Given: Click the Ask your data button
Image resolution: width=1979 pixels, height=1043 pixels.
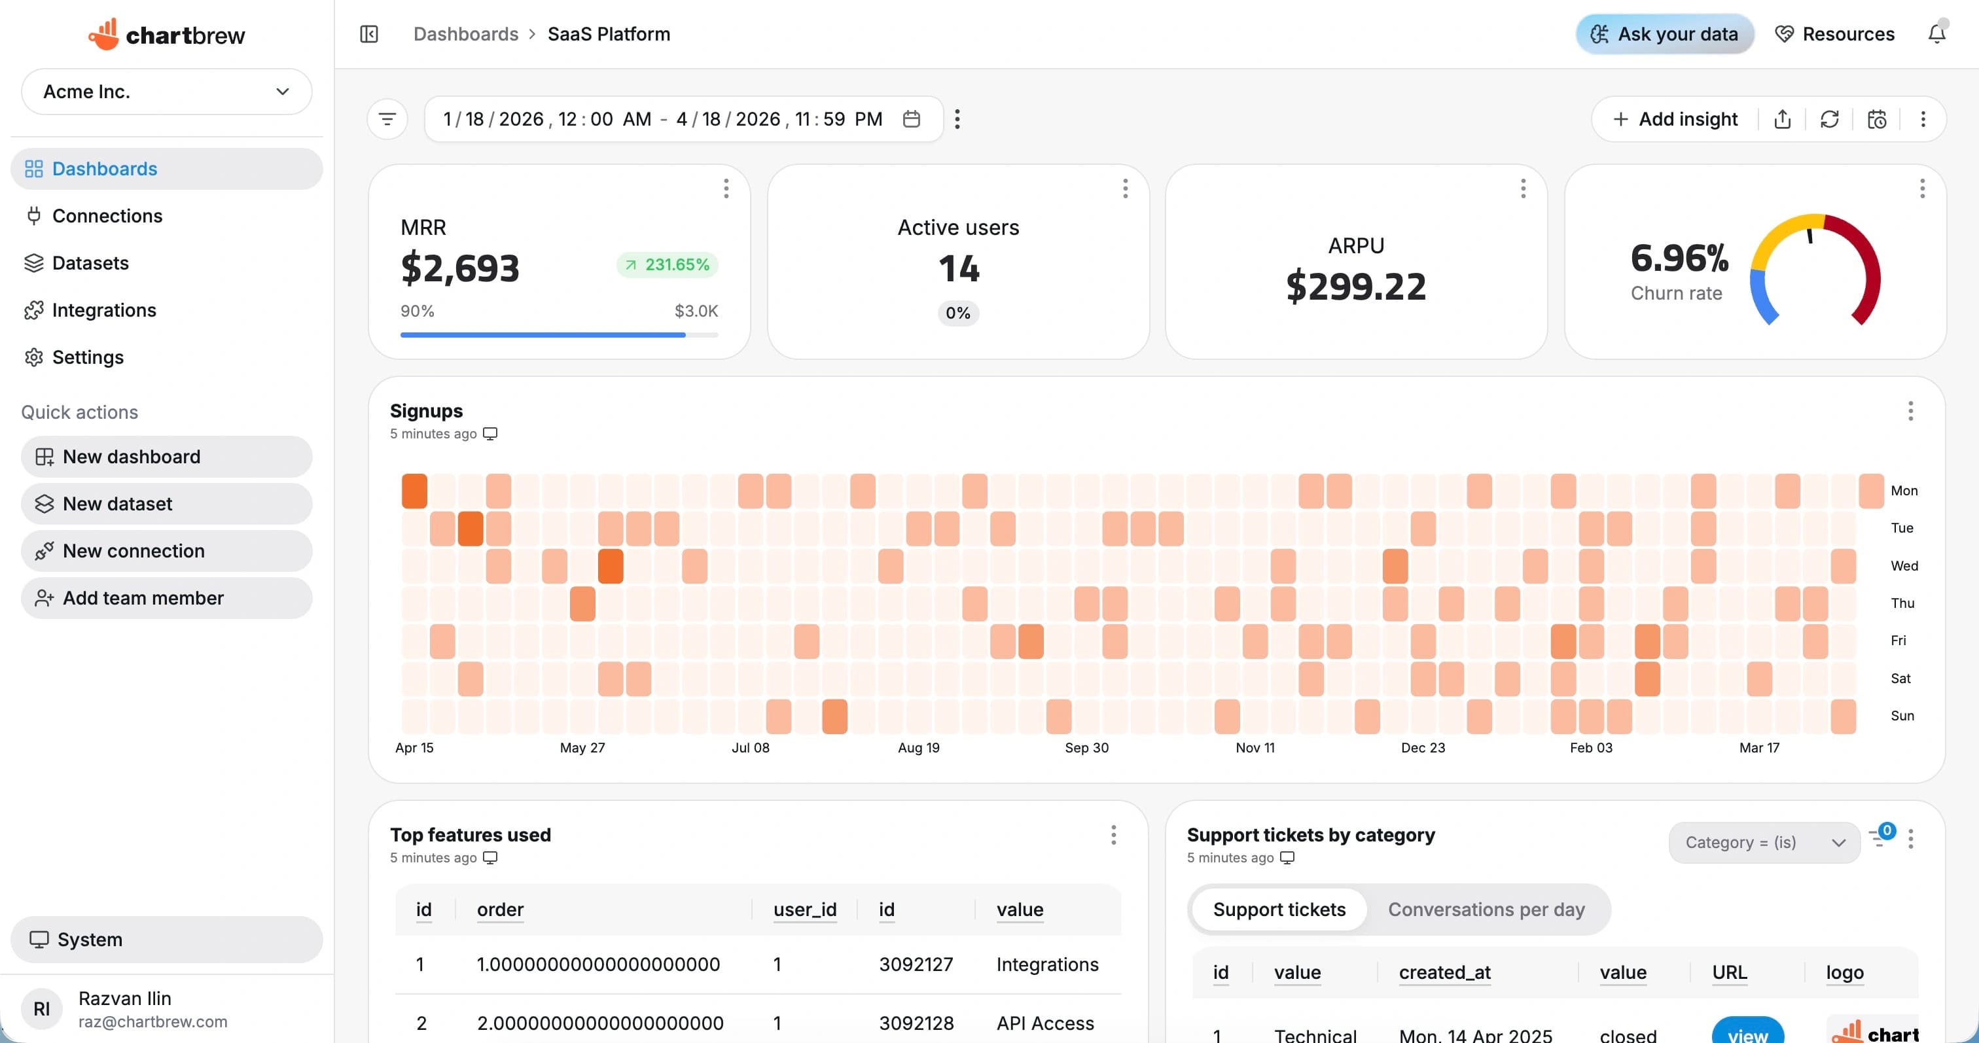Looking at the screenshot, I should (x=1665, y=34).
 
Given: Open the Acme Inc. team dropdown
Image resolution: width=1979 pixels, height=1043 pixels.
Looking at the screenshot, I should (x=166, y=92).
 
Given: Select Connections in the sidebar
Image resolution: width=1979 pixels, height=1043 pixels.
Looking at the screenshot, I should (x=107, y=216).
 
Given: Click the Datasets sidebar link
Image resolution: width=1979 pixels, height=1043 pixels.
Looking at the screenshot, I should (x=90, y=262).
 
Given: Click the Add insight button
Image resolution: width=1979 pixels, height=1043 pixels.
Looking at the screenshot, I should (x=1675, y=119).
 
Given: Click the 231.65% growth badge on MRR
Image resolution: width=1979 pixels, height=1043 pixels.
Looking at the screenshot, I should (x=667, y=264).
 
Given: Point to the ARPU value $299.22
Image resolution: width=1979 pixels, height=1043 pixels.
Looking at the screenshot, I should (x=1355, y=286).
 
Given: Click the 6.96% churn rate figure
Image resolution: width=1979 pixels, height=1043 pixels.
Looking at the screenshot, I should (x=1679, y=258).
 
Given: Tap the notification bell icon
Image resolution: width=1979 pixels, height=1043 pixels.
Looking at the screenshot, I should (x=1936, y=34).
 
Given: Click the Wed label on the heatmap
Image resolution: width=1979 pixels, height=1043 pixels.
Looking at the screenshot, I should (x=1904, y=565).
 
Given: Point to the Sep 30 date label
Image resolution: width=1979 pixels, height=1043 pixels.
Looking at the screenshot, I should (x=1086, y=747).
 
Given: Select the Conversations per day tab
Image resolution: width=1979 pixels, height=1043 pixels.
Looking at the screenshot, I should (x=1486, y=910).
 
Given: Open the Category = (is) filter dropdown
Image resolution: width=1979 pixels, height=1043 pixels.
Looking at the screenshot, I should (x=1764, y=843).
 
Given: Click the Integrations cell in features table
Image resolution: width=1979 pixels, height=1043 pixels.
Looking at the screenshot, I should (x=1046, y=964).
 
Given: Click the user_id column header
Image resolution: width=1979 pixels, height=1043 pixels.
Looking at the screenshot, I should (x=804, y=910).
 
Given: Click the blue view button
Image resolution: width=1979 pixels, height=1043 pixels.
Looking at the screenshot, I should (x=1747, y=1033).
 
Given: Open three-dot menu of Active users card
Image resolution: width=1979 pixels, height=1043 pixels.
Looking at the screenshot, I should (x=1125, y=188).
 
